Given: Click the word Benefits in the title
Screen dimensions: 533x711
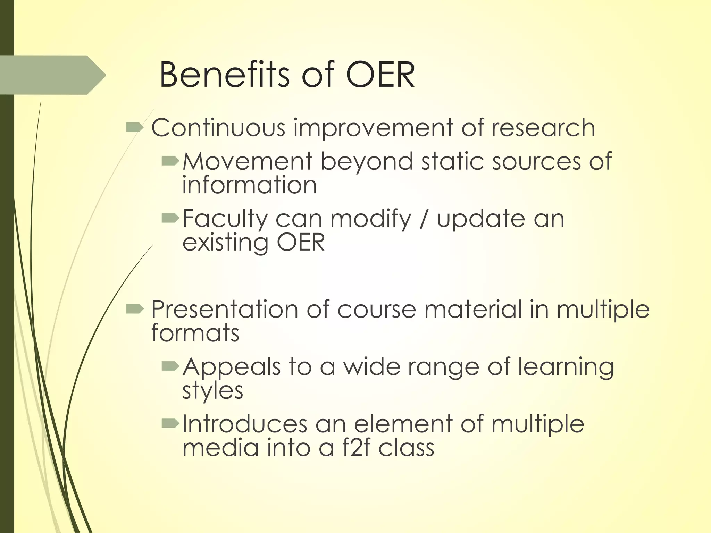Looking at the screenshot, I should tap(224, 75).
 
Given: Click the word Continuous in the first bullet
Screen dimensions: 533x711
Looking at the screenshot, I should tap(218, 128).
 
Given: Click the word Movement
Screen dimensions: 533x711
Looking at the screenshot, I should tap(248, 161).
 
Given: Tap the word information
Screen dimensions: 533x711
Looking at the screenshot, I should tap(249, 185).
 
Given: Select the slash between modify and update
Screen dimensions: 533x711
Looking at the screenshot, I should tap(423, 219).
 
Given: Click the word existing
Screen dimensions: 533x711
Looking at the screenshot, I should tap(225, 243).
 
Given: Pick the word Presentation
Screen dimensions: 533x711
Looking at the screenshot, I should tap(224, 309).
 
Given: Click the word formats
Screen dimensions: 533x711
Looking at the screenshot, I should tap(195, 332).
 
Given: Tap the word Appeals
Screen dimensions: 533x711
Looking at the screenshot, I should tap(231, 366).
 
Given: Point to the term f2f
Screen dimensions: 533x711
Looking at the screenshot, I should tap(356, 448).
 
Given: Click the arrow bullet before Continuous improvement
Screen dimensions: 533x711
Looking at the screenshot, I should tap(135, 128).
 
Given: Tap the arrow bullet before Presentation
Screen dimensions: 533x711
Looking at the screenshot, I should tap(135, 308).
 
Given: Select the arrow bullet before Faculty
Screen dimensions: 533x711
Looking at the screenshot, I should tap(170, 218).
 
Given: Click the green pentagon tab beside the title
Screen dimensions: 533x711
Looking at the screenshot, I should tap(52, 75).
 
